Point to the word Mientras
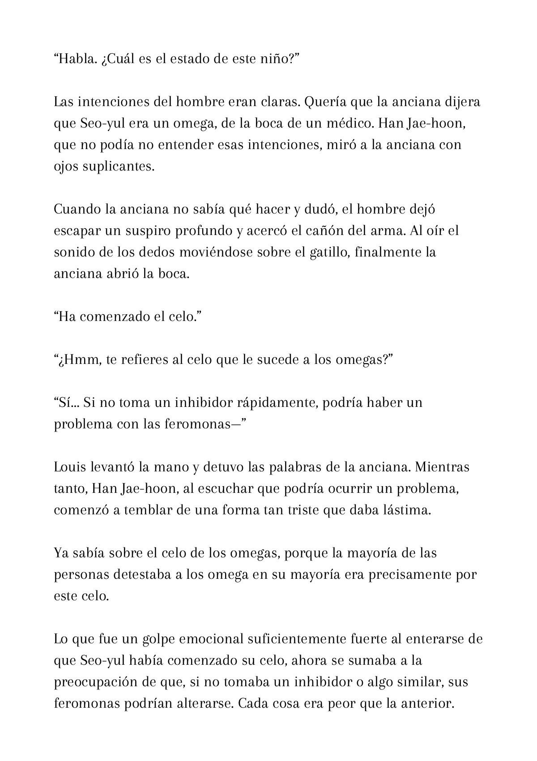[x=442, y=467]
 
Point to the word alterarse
[x=203, y=704]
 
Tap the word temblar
[x=148, y=510]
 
